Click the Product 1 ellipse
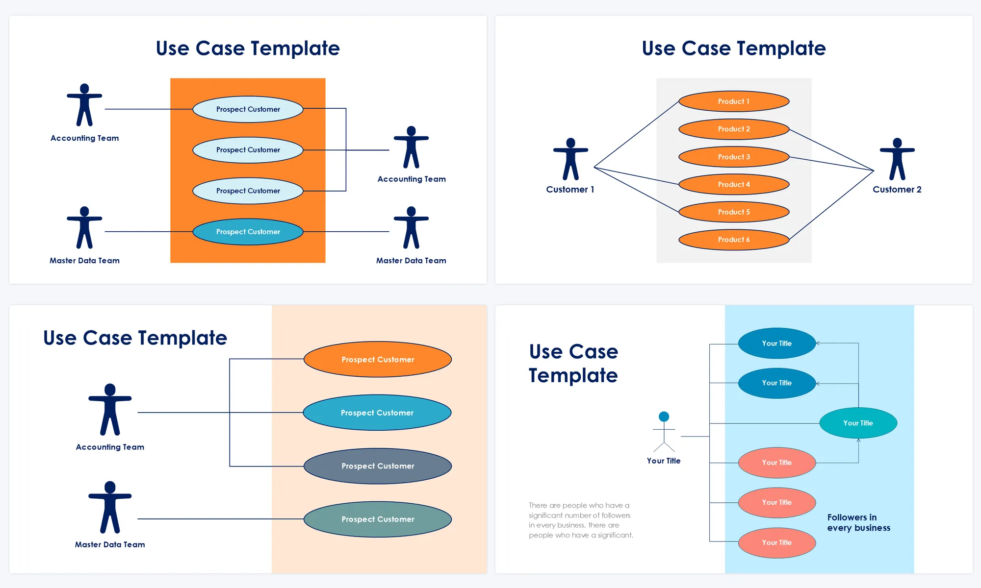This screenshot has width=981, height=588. (734, 101)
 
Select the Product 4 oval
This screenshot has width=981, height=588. (734, 184)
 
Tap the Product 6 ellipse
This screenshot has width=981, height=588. (734, 240)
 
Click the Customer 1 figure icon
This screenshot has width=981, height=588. (570, 159)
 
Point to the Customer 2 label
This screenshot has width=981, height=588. (897, 190)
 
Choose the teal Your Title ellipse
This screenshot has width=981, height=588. (858, 423)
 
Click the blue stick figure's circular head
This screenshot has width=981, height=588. (664, 416)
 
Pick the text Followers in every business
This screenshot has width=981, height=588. (858, 522)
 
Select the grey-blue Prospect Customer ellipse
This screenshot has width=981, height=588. (378, 466)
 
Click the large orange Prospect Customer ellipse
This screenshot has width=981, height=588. (378, 359)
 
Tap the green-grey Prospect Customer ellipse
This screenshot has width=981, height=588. (378, 519)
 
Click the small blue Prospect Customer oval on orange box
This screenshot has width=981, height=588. (248, 232)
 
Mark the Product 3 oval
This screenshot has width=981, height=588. (734, 157)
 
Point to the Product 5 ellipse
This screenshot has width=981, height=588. (734, 212)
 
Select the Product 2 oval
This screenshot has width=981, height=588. (734, 129)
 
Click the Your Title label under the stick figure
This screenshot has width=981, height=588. (663, 461)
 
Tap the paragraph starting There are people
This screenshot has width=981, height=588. (581, 520)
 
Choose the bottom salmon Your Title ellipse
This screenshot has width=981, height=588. (776, 542)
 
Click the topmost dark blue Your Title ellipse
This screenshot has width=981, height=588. (776, 343)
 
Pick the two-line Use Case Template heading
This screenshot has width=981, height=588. (573, 363)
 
